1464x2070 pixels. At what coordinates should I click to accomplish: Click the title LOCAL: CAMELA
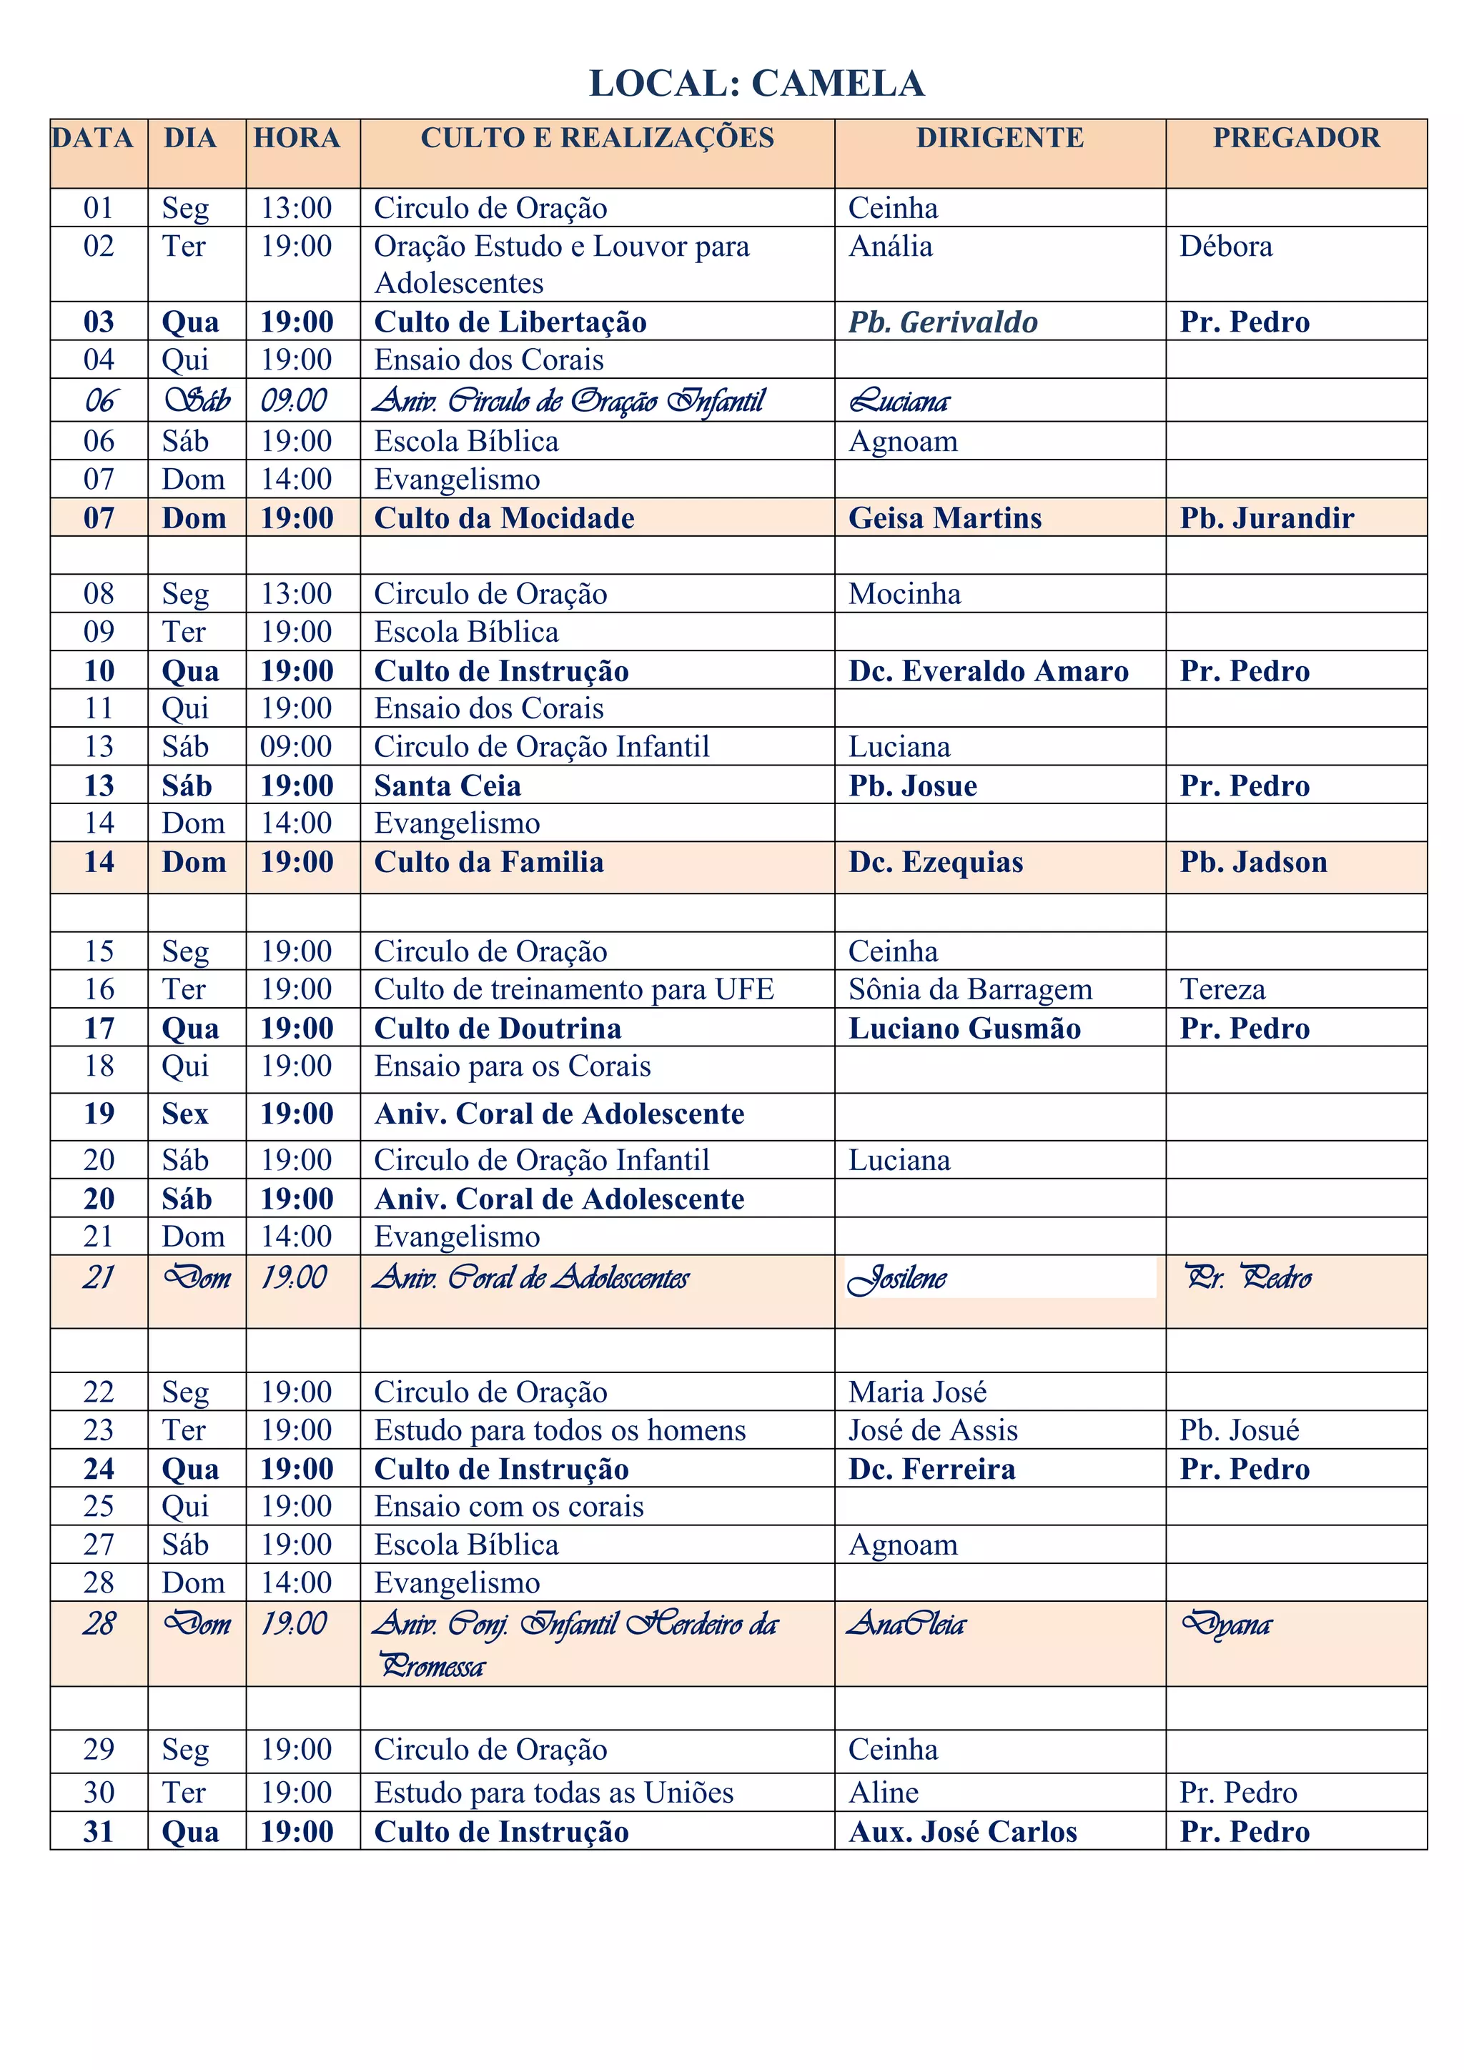click(x=756, y=84)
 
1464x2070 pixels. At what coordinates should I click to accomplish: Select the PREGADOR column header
click(x=1295, y=138)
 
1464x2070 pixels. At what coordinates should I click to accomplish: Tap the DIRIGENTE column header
click(x=1000, y=138)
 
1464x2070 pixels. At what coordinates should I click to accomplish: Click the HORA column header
click(x=297, y=138)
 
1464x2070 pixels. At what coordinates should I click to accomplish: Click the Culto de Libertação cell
click(x=510, y=322)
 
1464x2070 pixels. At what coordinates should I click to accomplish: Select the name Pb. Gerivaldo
click(x=943, y=322)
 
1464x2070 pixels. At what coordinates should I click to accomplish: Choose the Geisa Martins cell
click(x=945, y=518)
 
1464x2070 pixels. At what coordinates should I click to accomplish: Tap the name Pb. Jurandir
click(x=1267, y=518)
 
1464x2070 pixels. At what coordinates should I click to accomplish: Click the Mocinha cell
click(x=904, y=594)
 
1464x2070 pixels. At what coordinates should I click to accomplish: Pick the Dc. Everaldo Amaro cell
click(x=988, y=672)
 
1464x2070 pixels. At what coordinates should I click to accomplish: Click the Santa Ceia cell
click(x=447, y=786)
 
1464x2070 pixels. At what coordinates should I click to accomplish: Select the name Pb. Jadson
click(x=1253, y=863)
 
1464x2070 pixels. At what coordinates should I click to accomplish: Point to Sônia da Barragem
click(x=970, y=990)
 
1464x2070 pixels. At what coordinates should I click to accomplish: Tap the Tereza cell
click(x=1222, y=990)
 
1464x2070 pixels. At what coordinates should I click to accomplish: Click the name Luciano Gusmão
click(x=964, y=1029)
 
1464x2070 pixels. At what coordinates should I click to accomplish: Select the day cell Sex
click(x=185, y=1114)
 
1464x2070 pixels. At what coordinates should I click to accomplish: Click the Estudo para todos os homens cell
click(x=560, y=1431)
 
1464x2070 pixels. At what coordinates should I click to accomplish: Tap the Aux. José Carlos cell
click(x=963, y=1832)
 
